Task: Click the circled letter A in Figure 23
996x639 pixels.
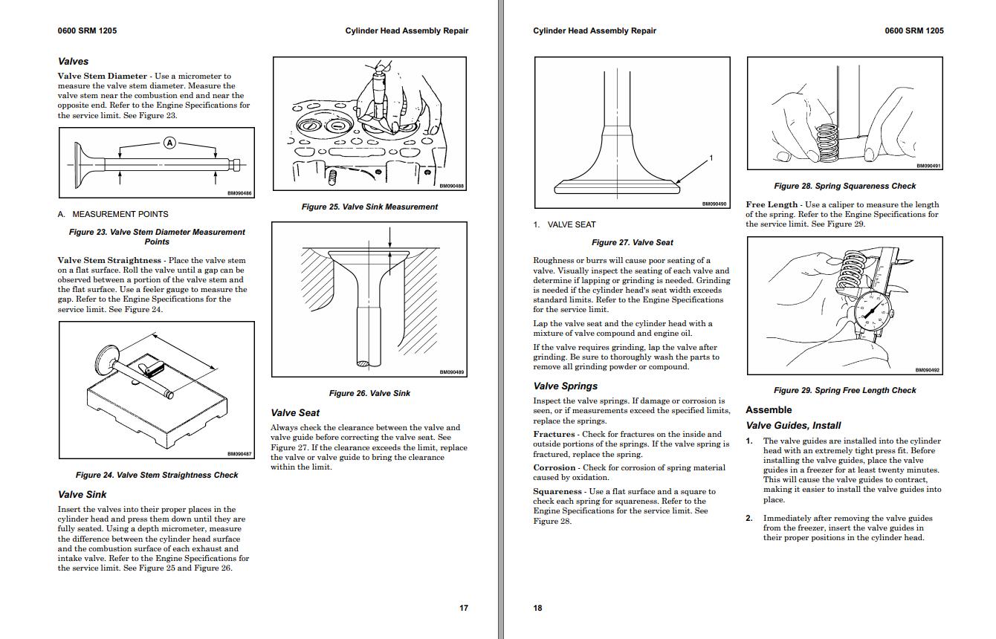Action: click(x=169, y=143)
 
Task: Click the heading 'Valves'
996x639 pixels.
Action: click(x=73, y=62)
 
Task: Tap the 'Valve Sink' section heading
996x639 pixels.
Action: click(x=82, y=494)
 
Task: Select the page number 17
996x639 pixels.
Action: click(x=464, y=608)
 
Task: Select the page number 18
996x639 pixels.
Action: click(x=537, y=608)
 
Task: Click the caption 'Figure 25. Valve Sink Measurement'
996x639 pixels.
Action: click(x=369, y=207)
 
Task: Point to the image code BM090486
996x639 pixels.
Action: click(x=239, y=194)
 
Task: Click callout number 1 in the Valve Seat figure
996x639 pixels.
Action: click(x=711, y=158)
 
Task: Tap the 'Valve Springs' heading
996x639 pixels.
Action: click(x=565, y=386)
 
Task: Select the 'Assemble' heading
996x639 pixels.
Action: click(x=769, y=409)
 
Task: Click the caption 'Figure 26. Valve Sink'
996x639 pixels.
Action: click(x=369, y=393)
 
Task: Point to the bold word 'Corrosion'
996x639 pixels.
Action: click(x=554, y=468)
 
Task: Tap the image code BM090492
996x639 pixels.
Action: click(x=927, y=370)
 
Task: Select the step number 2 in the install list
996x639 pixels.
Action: click(x=749, y=519)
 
